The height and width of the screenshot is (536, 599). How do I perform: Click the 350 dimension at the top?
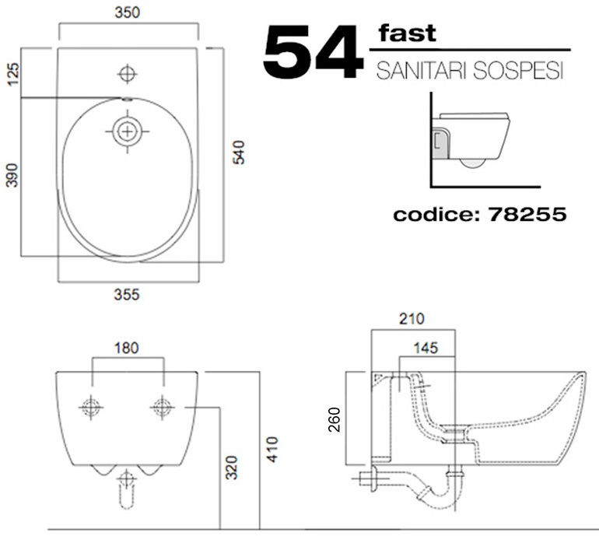point(128,12)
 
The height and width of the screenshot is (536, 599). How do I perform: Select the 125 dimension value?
point(12,75)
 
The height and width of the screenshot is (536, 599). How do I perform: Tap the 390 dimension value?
point(12,175)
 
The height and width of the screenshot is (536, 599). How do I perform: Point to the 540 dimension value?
point(239,152)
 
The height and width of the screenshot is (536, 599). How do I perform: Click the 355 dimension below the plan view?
point(127,295)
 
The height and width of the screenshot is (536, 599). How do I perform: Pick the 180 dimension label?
point(127,348)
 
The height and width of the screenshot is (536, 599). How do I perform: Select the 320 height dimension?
point(232,468)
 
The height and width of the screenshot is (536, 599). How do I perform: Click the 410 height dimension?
point(272,450)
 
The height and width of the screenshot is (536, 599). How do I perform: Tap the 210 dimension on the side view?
point(412,319)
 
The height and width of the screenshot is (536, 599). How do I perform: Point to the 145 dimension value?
point(426,348)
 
